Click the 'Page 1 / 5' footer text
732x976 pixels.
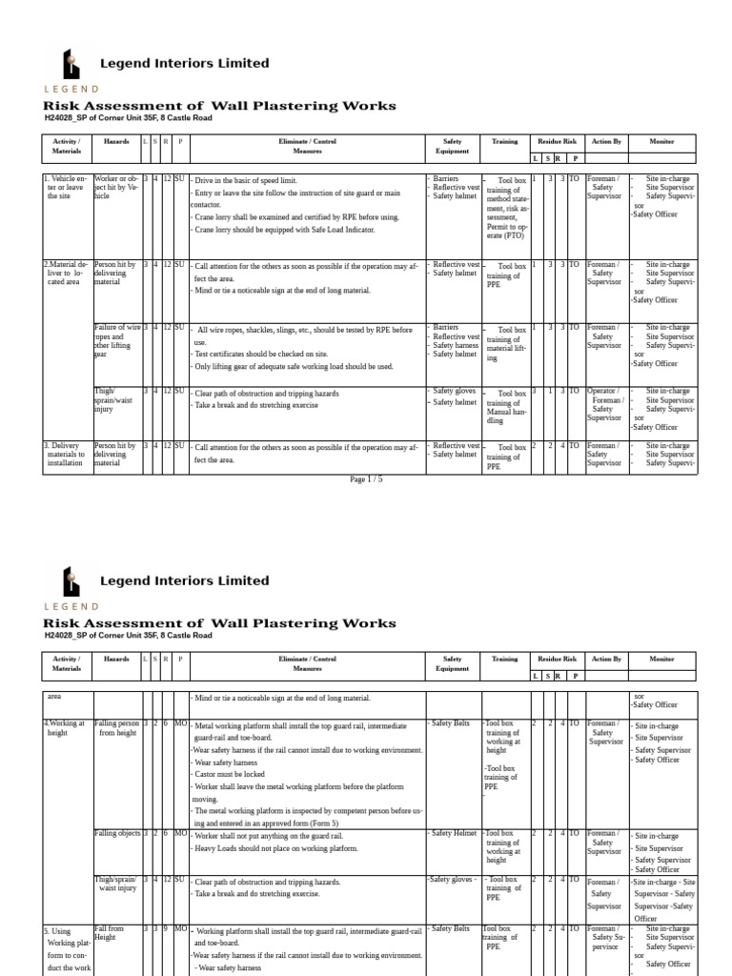tap(367, 478)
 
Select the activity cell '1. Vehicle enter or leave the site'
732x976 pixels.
tap(66, 189)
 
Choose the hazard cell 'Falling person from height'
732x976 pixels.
tap(116, 729)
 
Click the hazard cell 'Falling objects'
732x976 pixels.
tap(117, 835)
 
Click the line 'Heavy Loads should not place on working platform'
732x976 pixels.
tap(275, 848)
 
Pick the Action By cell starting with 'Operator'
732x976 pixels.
tap(603, 404)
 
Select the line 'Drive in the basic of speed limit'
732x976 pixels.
tap(257, 180)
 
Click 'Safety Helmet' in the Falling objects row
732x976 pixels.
tap(452, 834)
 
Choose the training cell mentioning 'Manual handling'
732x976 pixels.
tap(505, 407)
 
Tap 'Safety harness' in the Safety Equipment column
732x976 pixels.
tap(454, 345)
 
